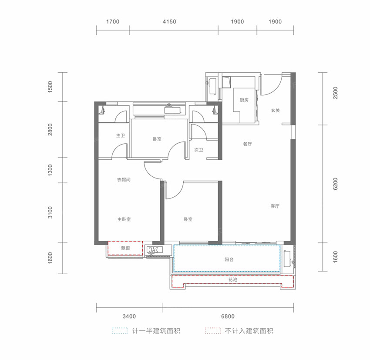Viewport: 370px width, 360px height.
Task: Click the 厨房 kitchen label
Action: click(244, 100)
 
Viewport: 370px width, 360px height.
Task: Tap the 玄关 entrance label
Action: click(275, 111)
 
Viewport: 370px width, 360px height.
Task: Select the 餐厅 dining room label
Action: click(247, 144)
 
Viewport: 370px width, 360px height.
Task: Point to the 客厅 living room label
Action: click(274, 206)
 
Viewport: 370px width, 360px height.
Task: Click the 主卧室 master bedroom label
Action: click(124, 219)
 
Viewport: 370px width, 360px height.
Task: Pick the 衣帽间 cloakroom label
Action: click(124, 179)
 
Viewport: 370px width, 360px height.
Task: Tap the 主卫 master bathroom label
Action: click(120, 136)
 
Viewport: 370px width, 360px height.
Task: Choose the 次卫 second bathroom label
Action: click(199, 150)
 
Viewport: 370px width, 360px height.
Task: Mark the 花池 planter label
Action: click(232, 280)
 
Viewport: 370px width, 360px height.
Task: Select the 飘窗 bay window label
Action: click(126, 248)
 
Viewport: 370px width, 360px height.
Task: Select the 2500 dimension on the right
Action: click(335, 93)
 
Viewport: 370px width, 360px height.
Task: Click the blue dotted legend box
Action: click(120, 331)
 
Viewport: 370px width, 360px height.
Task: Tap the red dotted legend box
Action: click(212, 331)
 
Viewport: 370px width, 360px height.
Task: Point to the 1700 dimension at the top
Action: click(112, 22)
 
